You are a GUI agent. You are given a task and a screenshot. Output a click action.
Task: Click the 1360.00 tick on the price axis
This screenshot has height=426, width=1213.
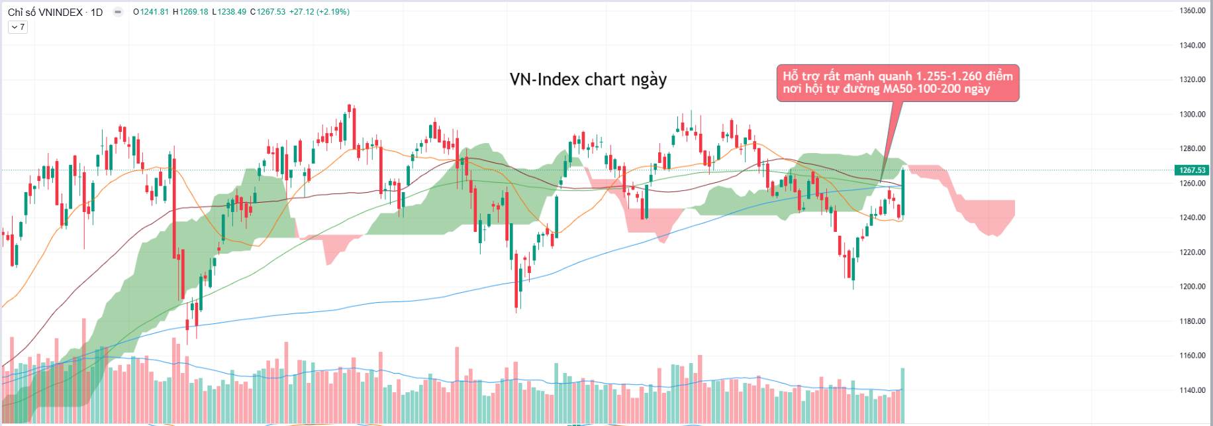[1192, 11]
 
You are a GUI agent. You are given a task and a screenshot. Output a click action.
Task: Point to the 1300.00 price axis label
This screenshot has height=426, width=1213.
[1192, 115]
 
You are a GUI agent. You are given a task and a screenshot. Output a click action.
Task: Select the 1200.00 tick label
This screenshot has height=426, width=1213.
[1192, 287]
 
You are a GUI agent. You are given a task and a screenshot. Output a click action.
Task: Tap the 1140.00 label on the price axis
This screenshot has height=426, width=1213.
[1192, 390]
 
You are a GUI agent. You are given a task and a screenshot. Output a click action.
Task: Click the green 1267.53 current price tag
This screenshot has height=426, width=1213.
[1191, 170]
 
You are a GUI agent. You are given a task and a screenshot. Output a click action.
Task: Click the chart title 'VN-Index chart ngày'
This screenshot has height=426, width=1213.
[588, 80]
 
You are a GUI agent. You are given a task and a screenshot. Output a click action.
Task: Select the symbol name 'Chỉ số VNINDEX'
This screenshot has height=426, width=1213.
[45, 12]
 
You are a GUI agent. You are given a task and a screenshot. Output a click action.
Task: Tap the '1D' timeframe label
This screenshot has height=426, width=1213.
[97, 12]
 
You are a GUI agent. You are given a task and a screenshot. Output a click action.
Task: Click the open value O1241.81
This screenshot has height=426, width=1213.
[151, 12]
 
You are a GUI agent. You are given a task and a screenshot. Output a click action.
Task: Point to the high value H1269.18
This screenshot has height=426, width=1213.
[191, 12]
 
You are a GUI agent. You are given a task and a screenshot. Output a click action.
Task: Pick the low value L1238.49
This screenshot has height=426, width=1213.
[229, 12]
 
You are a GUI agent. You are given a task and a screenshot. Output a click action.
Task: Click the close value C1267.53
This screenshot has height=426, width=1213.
[267, 12]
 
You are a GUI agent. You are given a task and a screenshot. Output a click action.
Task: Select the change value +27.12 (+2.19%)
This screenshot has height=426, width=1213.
[319, 12]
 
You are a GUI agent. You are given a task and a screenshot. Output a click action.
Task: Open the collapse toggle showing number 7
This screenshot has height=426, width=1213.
[18, 27]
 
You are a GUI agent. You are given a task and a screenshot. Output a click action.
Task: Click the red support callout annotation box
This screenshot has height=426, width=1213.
[897, 83]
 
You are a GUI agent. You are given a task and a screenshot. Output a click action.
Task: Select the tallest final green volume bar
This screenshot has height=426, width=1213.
[902, 396]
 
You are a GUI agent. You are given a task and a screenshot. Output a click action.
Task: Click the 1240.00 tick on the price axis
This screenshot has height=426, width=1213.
[1192, 218]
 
